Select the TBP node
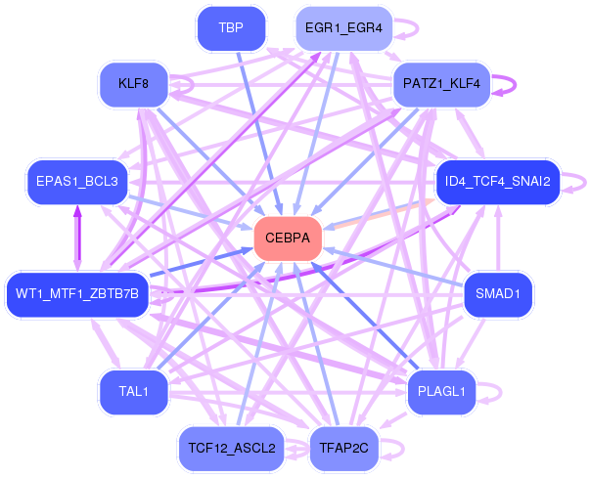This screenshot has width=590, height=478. coord(231,28)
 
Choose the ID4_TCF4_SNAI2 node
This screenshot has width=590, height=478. coord(497,182)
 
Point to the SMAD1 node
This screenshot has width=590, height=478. coord(504,293)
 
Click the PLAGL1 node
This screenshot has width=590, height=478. coord(440,392)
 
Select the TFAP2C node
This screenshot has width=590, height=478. coord(344,449)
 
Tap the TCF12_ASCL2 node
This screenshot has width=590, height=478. coord(231,449)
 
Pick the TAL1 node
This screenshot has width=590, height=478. coord(134,392)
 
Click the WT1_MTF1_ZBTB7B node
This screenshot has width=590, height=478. coord(77,293)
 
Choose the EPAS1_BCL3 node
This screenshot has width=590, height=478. coord(77,182)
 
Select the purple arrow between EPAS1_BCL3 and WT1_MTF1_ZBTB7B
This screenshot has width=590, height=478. coord(77,238)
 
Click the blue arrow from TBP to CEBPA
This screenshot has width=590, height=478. coord(257,127)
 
